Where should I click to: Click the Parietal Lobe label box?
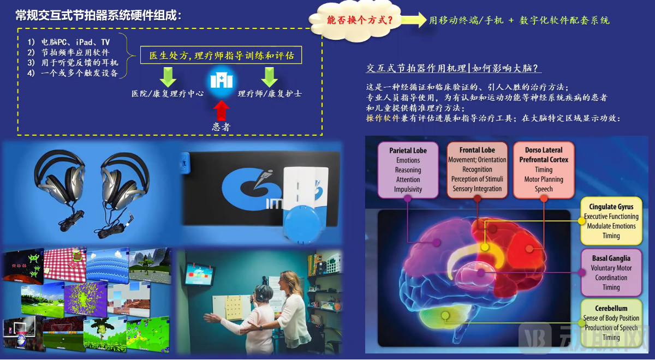click(408, 170)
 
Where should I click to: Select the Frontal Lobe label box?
click(477, 170)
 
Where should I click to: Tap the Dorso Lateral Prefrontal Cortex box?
click(543, 170)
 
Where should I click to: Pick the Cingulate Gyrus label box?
click(611, 221)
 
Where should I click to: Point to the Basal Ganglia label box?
click(611, 273)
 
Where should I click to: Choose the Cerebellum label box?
click(611, 323)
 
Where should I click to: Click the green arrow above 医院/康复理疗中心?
click(168, 77)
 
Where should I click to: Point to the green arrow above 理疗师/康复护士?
click(270, 77)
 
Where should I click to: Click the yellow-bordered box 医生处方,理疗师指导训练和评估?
click(221, 56)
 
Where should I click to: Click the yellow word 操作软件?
click(382, 118)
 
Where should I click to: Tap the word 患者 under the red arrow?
click(221, 127)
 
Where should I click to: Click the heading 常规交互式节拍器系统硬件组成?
click(98, 16)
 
